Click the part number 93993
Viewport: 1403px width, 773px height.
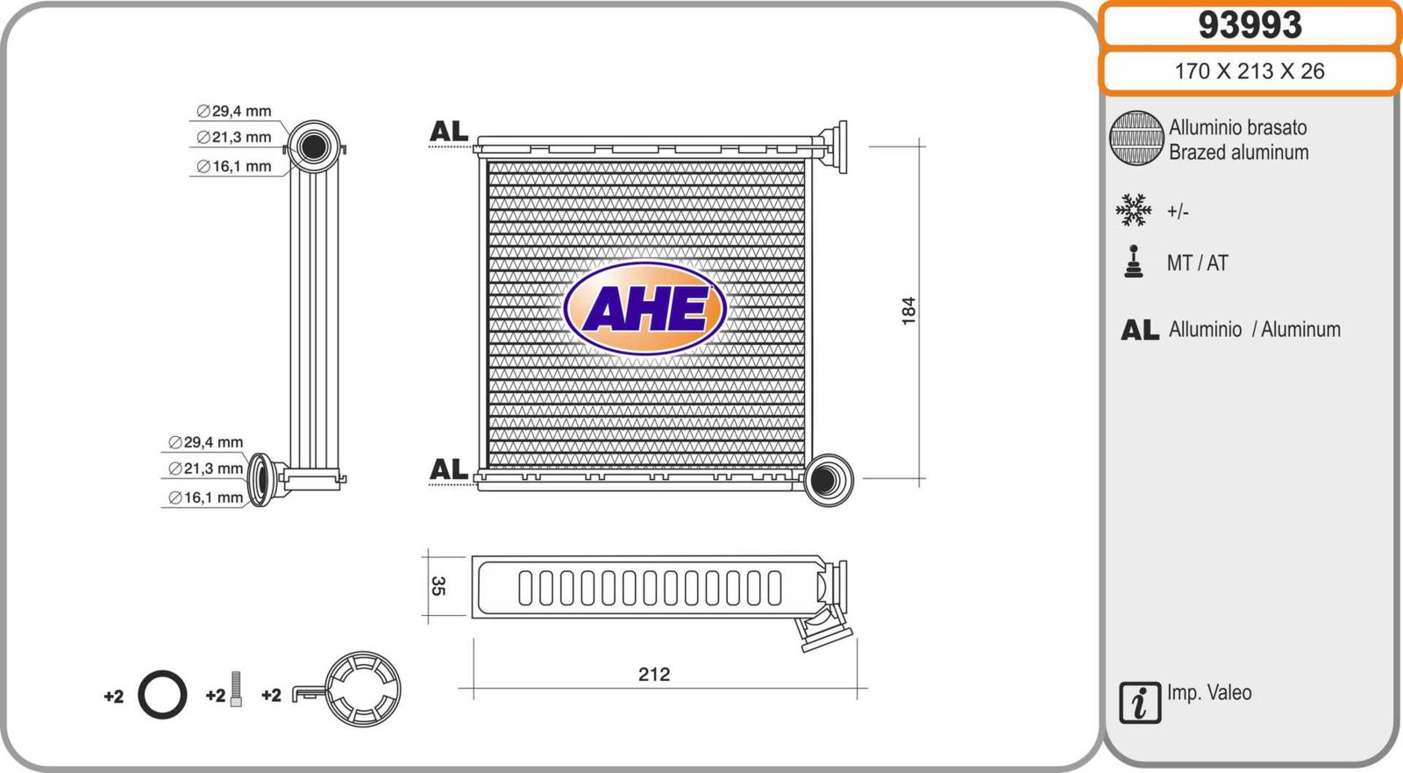pyautogui.click(x=1250, y=25)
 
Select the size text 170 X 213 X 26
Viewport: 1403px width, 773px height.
pyautogui.click(x=1250, y=71)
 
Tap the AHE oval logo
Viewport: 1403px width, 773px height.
pyautogui.click(x=645, y=309)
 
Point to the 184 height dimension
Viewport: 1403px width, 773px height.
pyautogui.click(x=908, y=311)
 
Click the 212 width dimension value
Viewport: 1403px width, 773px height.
pyautogui.click(x=654, y=674)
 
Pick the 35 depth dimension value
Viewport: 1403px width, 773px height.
pyautogui.click(x=438, y=586)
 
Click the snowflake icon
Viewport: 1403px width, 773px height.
pyautogui.click(x=1134, y=210)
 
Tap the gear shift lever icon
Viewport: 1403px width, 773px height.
pyautogui.click(x=1134, y=261)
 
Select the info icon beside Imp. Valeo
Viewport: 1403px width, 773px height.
pyautogui.click(x=1140, y=703)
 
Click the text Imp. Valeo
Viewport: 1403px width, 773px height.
pyautogui.click(x=1209, y=693)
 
